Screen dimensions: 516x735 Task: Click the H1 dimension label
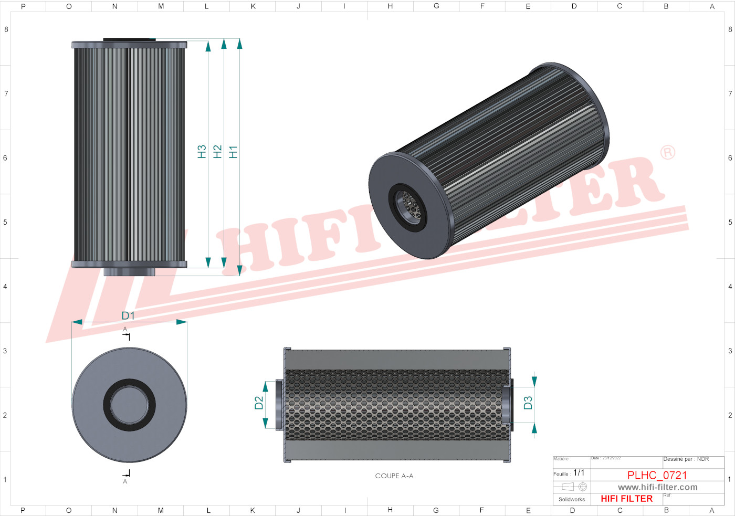233,152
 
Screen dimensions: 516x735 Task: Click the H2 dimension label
217,152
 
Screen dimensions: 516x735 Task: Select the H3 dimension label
202,152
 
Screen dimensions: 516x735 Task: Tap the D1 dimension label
128,315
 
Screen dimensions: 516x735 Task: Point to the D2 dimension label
259,403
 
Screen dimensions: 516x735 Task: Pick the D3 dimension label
528,403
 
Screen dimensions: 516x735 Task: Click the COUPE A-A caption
394,476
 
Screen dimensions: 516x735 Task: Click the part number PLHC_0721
657,475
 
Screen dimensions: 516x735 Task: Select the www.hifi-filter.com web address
657,487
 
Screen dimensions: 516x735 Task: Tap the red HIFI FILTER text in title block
626,499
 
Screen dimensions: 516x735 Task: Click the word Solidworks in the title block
572,499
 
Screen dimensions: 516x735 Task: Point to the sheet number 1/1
579,473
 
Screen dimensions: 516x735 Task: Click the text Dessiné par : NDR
686,459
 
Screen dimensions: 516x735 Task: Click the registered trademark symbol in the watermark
667,153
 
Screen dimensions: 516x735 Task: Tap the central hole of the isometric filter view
408,205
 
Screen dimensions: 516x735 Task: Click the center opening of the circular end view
129,405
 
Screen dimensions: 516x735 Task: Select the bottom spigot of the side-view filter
129,271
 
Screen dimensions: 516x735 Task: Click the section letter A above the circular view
125,330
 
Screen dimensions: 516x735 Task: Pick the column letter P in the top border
23,6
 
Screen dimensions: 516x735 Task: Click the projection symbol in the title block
575,487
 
